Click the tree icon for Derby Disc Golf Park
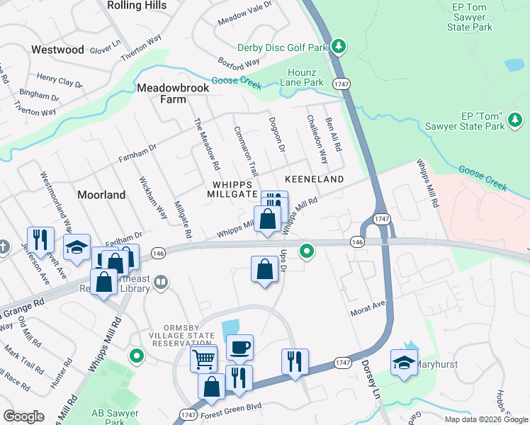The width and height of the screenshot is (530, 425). click(339, 47)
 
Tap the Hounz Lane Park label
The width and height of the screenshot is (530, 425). click(305, 77)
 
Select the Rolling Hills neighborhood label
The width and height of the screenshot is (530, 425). click(138, 6)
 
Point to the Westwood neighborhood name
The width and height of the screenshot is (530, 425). click(57, 50)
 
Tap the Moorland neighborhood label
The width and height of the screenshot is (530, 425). click(101, 194)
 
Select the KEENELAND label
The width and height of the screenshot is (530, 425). click(314, 179)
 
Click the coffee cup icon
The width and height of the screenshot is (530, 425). click(239, 347)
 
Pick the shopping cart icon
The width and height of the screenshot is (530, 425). click(203, 358)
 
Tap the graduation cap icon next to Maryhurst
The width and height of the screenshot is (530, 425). click(404, 362)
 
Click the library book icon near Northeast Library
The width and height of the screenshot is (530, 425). click(162, 283)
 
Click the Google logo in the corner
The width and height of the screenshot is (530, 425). click(23, 416)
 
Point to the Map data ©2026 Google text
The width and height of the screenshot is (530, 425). click(485, 419)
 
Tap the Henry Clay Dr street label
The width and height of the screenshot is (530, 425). click(60, 80)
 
